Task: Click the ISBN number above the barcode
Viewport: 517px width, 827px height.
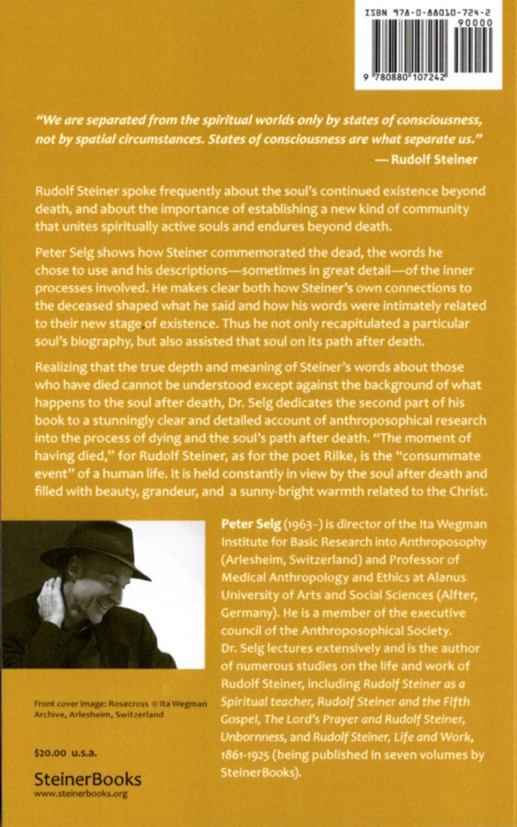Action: (x=426, y=11)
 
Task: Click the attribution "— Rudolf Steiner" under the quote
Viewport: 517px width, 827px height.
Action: (x=435, y=158)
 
